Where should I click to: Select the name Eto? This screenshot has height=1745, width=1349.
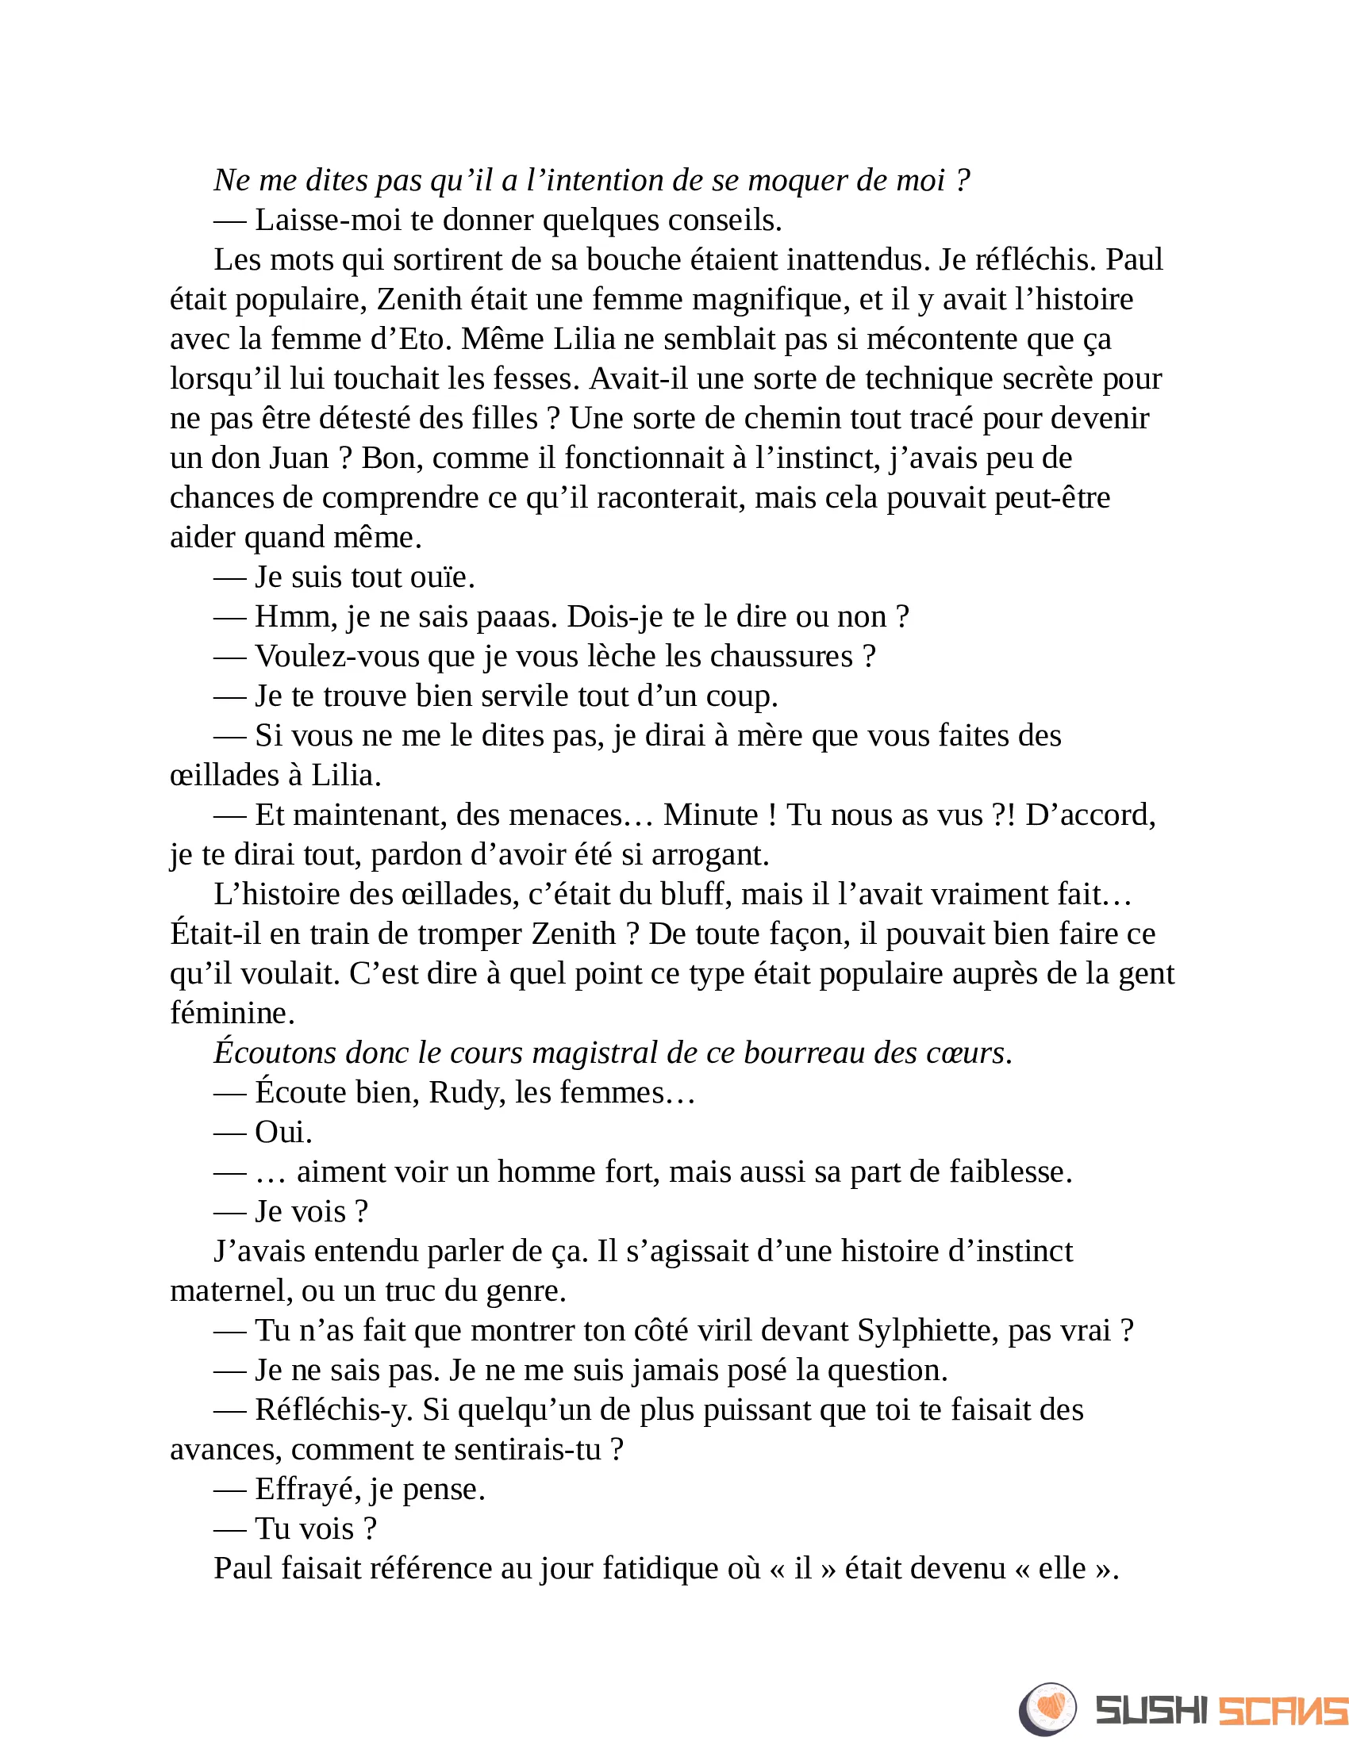(x=425, y=339)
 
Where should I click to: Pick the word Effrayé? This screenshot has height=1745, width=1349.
(x=304, y=1490)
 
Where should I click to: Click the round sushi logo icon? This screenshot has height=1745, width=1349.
(x=1047, y=1709)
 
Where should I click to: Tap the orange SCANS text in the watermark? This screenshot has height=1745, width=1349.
(x=1282, y=1711)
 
